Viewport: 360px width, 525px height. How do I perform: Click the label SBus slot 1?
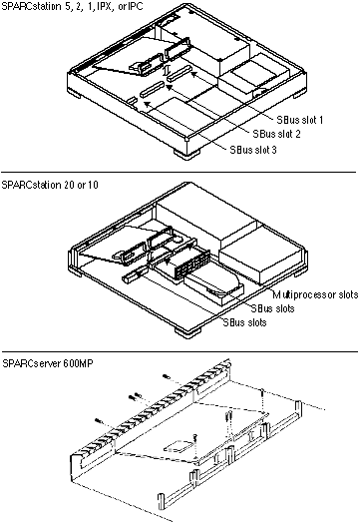tap(300, 120)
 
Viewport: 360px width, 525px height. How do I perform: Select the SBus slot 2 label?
tap(276, 134)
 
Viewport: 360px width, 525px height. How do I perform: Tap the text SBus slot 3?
tap(253, 150)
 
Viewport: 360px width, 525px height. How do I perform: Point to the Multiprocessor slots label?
tap(315, 294)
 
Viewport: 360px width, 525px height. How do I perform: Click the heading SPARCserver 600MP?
tap(48, 363)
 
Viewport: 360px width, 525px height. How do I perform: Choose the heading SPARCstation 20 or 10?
tap(50, 185)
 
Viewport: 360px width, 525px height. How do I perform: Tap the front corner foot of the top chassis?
tap(186, 154)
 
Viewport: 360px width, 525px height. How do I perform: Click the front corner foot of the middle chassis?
tap(187, 332)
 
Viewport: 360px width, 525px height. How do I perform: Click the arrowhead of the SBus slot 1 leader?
tap(193, 74)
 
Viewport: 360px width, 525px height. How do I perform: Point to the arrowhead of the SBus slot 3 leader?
tap(144, 104)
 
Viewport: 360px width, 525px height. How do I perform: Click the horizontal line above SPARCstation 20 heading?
tap(179, 173)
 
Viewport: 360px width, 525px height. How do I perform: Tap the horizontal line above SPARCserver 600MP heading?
tap(180, 351)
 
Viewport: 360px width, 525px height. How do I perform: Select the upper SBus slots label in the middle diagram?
tap(272, 308)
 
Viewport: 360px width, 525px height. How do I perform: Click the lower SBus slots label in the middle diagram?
tap(245, 322)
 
